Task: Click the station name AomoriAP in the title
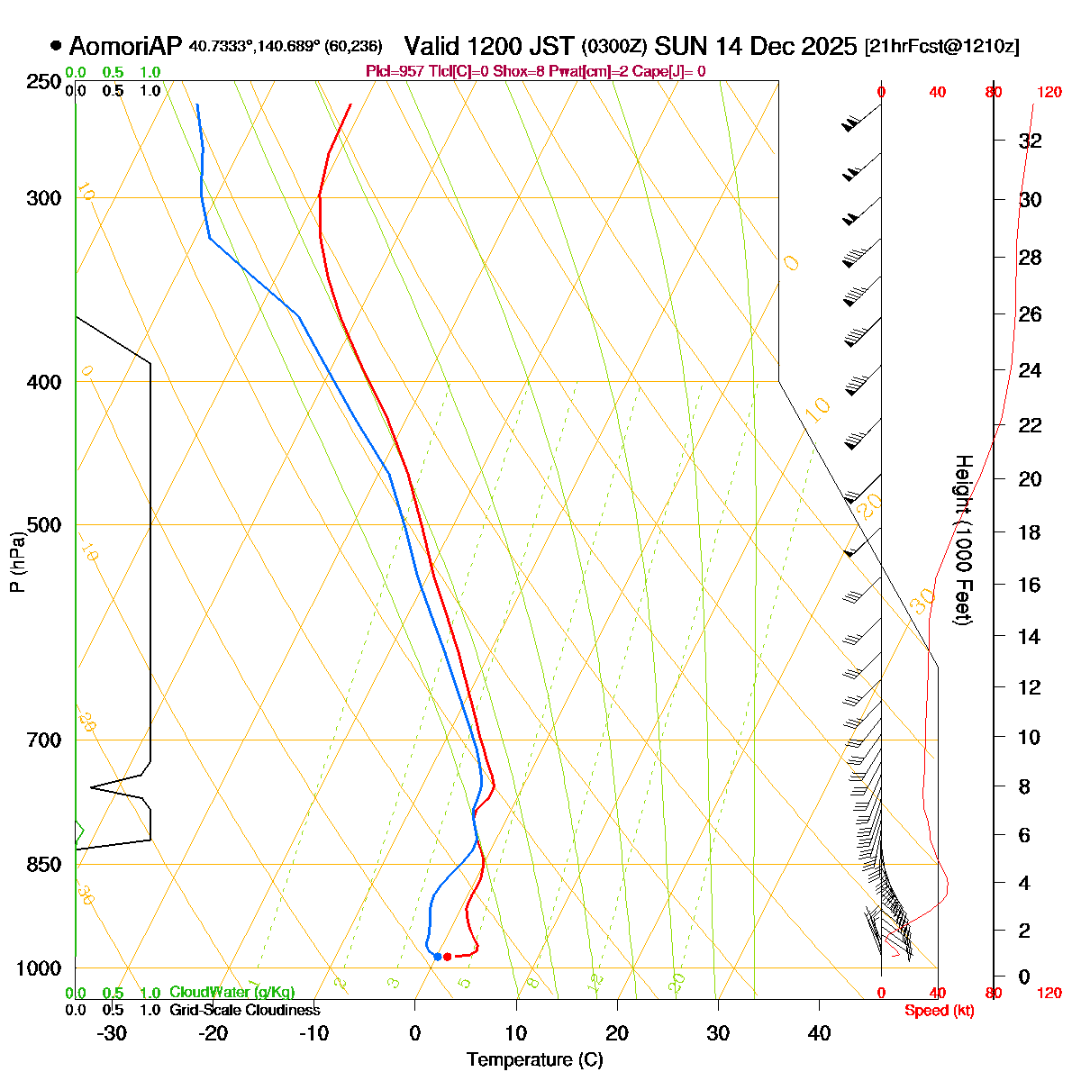pyautogui.click(x=125, y=46)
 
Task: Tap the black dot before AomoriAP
pyautogui.click(x=56, y=45)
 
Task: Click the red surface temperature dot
pyautogui.click(x=447, y=956)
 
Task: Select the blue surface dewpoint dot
pyautogui.click(x=437, y=956)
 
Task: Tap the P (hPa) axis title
pyautogui.click(x=16, y=561)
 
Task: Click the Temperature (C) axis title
pyautogui.click(x=535, y=1059)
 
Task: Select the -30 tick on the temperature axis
pyautogui.click(x=112, y=1033)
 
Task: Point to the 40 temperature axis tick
pyautogui.click(x=819, y=1033)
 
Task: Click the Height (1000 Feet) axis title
pyautogui.click(x=963, y=540)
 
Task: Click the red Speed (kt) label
pyautogui.click(x=939, y=1011)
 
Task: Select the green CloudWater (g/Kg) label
pyautogui.click(x=232, y=992)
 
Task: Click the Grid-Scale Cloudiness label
pyautogui.click(x=244, y=1010)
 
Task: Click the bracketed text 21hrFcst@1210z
pyautogui.click(x=941, y=47)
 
